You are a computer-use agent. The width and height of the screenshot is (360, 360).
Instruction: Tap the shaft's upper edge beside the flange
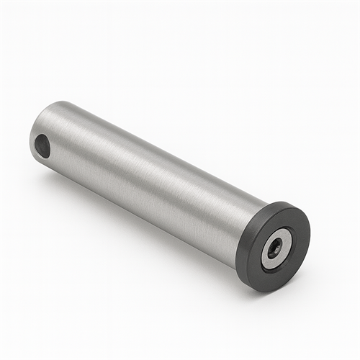click(252, 193)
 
